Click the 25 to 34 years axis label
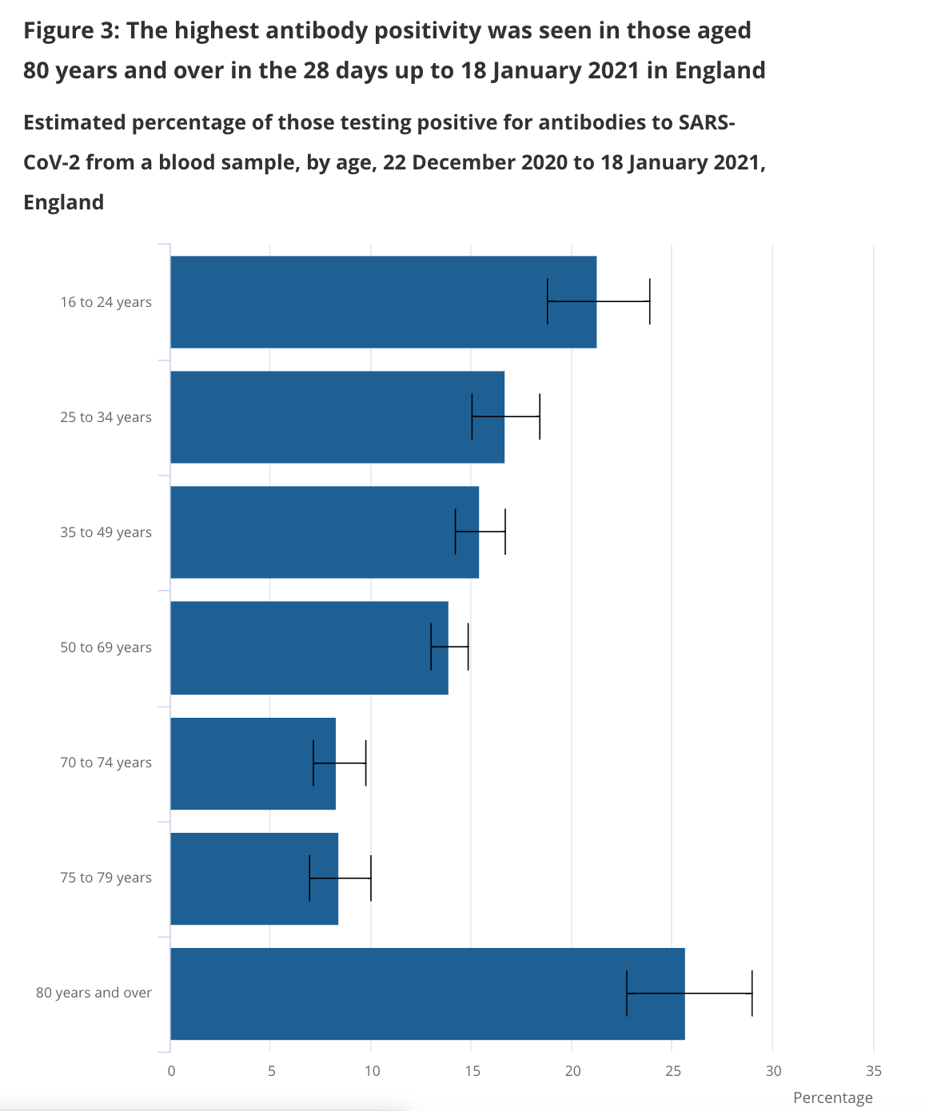click(106, 417)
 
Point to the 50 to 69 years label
click(106, 647)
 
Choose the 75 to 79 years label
click(106, 878)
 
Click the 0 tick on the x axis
click(171, 1071)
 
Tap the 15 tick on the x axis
click(472, 1071)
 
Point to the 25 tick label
click(673, 1071)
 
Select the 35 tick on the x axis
click(874, 1071)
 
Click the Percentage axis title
click(832, 1097)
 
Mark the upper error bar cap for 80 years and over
click(752, 994)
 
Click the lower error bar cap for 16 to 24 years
click(548, 301)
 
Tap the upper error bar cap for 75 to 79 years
click(371, 878)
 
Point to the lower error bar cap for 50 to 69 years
click(431, 647)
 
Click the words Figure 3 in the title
click(71, 30)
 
